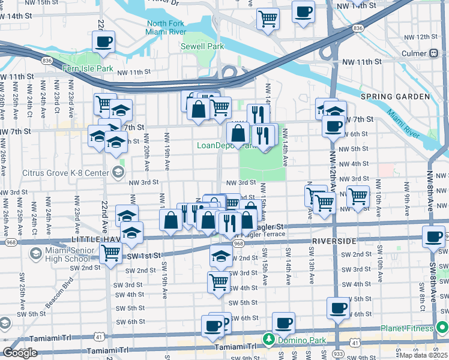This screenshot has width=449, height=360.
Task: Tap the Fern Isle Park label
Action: coord(88,68)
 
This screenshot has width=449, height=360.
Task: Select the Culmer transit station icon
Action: coord(433,53)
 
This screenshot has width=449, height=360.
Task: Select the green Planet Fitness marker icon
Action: coord(442,328)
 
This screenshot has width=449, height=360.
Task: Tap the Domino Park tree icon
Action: coord(268,340)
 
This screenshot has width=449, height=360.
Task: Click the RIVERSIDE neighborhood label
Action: coord(334,240)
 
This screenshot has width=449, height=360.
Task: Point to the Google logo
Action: coord(20,353)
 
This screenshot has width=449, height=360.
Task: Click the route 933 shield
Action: coord(337,355)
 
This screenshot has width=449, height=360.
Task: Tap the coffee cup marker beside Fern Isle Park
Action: coord(103,42)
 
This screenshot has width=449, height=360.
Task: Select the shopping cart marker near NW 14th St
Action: coord(268,17)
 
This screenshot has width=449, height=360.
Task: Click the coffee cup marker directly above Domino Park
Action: coord(283,323)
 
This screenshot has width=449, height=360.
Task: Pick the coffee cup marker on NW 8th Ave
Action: coord(433,236)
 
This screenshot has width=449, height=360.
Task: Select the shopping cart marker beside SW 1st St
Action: coord(110,253)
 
